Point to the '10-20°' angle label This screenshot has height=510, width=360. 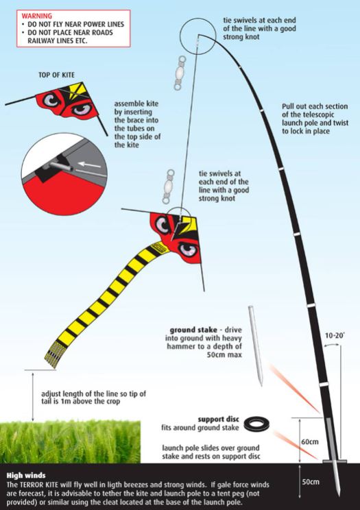coord(335,335)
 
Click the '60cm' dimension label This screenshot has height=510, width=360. coord(310,442)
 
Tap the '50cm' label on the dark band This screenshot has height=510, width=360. coord(310,482)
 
